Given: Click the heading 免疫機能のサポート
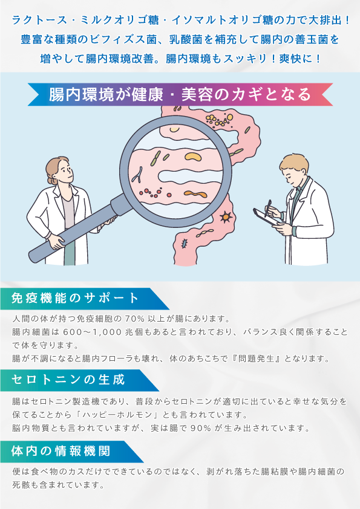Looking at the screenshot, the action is click(75, 298).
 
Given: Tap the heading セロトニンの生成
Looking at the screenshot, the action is click(68, 380).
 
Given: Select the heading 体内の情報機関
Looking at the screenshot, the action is click(61, 451).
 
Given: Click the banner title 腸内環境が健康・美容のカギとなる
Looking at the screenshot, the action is click(180, 94).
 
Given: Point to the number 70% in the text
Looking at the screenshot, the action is click(134, 319).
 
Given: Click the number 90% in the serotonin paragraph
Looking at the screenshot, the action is click(201, 428).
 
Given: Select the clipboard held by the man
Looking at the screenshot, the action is click(266, 217).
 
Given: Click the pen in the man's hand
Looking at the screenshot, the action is click(268, 209).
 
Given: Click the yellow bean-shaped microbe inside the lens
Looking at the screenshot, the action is click(193, 157).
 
